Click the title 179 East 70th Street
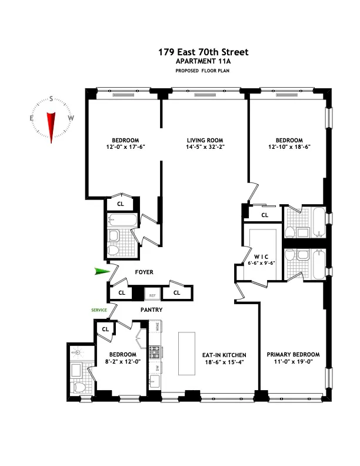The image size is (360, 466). (203, 52)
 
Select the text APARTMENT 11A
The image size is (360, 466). (203, 61)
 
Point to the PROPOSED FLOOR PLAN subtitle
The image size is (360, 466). (203, 71)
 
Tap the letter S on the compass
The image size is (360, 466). (51, 99)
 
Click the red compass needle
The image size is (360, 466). (51, 125)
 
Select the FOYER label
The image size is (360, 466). (144, 272)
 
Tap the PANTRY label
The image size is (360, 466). (151, 309)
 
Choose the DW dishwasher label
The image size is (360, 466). (156, 368)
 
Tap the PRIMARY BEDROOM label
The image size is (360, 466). (293, 354)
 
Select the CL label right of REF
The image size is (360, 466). (176, 292)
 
